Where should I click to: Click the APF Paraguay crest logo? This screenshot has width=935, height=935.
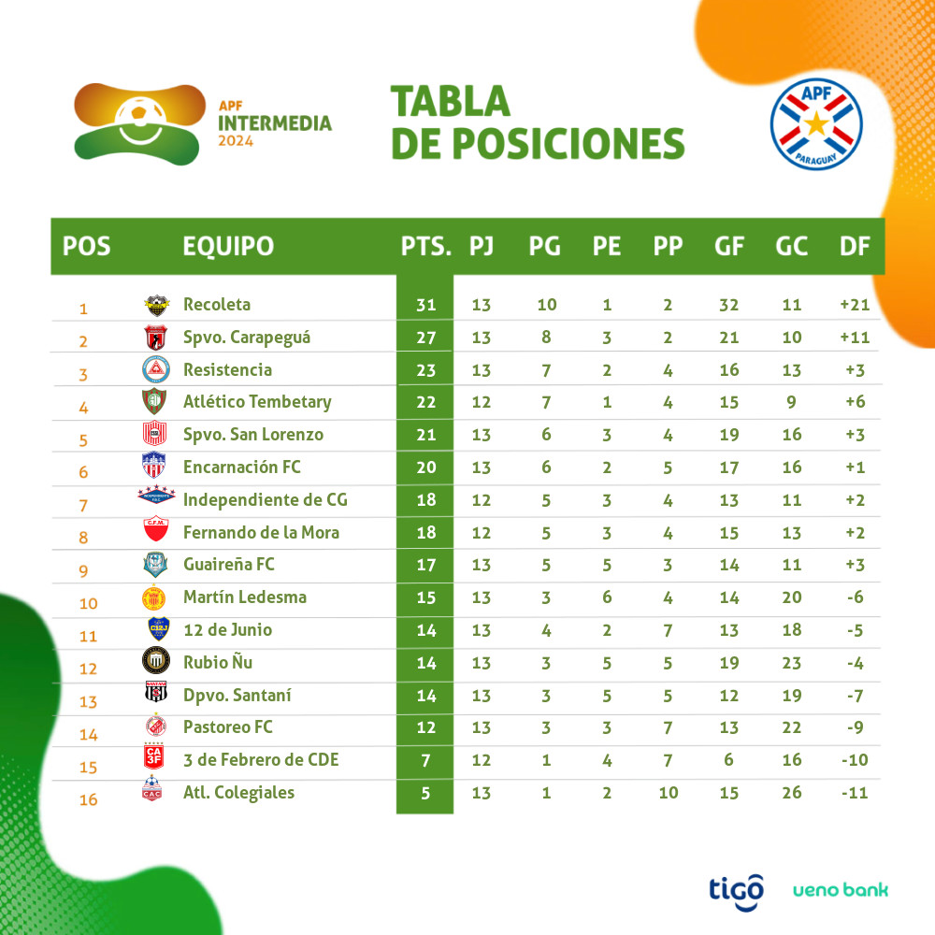(816, 124)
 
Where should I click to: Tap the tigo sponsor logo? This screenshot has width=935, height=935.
(736, 887)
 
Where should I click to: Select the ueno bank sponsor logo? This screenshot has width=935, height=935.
(841, 889)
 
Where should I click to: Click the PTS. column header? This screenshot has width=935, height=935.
(426, 246)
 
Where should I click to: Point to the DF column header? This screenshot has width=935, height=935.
(855, 246)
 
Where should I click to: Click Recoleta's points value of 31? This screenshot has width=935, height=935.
(426, 305)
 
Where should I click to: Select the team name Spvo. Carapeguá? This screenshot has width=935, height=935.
(247, 338)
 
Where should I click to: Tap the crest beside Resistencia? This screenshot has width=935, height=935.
(154, 369)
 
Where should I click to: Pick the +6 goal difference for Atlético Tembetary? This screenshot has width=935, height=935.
(855, 402)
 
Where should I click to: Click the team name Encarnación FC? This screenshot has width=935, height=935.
(242, 467)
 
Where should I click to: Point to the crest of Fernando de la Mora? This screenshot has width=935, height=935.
(154, 532)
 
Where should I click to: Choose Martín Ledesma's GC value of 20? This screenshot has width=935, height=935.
(792, 597)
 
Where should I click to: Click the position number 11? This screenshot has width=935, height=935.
(88, 636)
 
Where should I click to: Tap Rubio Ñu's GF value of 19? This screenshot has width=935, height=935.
(729, 663)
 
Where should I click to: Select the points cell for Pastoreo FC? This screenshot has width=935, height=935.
(426, 727)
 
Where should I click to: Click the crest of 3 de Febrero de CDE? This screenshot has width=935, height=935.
(154, 759)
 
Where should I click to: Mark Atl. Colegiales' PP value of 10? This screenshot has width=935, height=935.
(668, 793)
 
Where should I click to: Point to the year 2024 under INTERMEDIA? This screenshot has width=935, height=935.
(236, 141)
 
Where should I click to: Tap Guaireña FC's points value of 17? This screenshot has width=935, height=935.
(426, 565)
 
